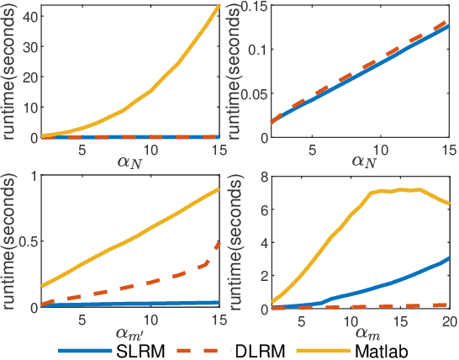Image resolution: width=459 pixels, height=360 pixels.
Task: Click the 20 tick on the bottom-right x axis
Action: point(448,320)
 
